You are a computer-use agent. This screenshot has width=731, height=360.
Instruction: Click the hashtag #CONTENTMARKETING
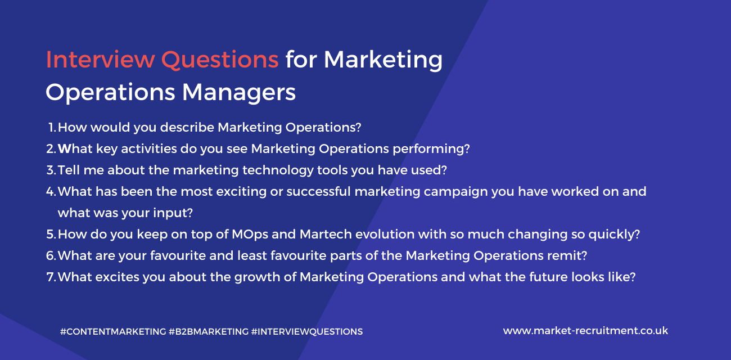pyautogui.click(x=113, y=332)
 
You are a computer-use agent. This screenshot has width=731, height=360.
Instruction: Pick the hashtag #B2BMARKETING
pyautogui.click(x=208, y=332)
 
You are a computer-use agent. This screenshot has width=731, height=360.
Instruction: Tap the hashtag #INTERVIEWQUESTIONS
pyautogui.click(x=307, y=332)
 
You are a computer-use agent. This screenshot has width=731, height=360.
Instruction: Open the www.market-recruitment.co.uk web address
pyautogui.click(x=585, y=331)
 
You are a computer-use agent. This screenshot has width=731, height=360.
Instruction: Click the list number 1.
pyautogui.click(x=52, y=128)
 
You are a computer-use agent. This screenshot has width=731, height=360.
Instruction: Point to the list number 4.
pyautogui.click(x=51, y=192)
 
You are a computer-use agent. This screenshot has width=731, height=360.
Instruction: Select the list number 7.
pyautogui.click(x=51, y=277)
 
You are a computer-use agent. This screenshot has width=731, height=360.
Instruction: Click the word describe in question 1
pyautogui.click(x=187, y=128)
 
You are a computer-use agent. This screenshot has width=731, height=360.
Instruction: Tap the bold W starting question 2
pyautogui.click(x=63, y=149)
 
